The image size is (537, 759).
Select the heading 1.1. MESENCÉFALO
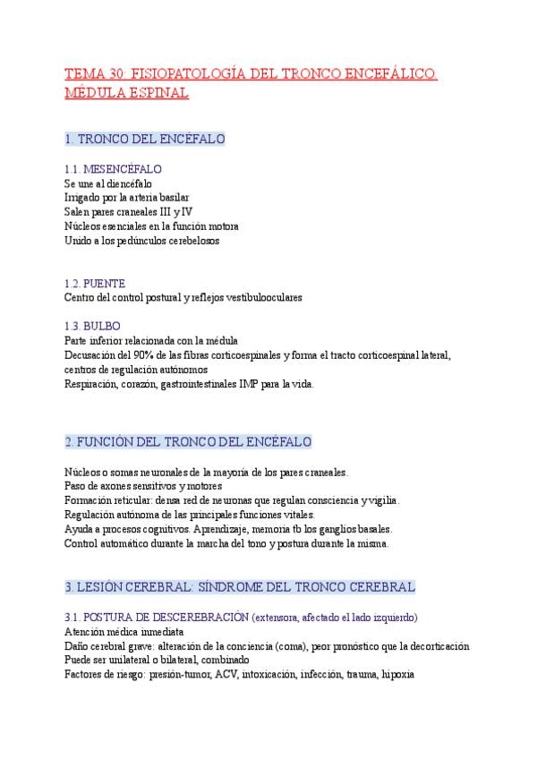point(113,169)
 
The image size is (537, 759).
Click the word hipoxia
point(398,675)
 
